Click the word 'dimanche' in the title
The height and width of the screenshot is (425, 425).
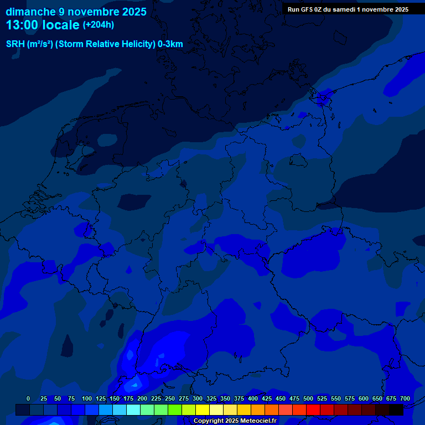click(30, 12)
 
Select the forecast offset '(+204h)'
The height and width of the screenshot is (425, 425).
click(99, 25)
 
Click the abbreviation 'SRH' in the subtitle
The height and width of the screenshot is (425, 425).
click(15, 44)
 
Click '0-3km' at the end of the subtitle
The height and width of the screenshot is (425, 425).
click(170, 44)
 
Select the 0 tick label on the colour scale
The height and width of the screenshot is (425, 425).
click(28, 398)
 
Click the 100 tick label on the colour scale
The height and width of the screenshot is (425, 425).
click(87, 398)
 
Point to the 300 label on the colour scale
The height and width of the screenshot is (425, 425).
click(198, 398)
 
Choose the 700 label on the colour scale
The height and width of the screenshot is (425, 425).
click(405, 398)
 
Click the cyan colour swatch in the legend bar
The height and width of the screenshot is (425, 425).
click(133, 410)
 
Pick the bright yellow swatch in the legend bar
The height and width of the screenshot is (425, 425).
click(203, 410)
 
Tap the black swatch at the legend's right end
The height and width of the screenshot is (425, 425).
click(396, 410)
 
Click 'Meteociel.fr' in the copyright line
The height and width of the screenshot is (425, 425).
click(258, 421)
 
